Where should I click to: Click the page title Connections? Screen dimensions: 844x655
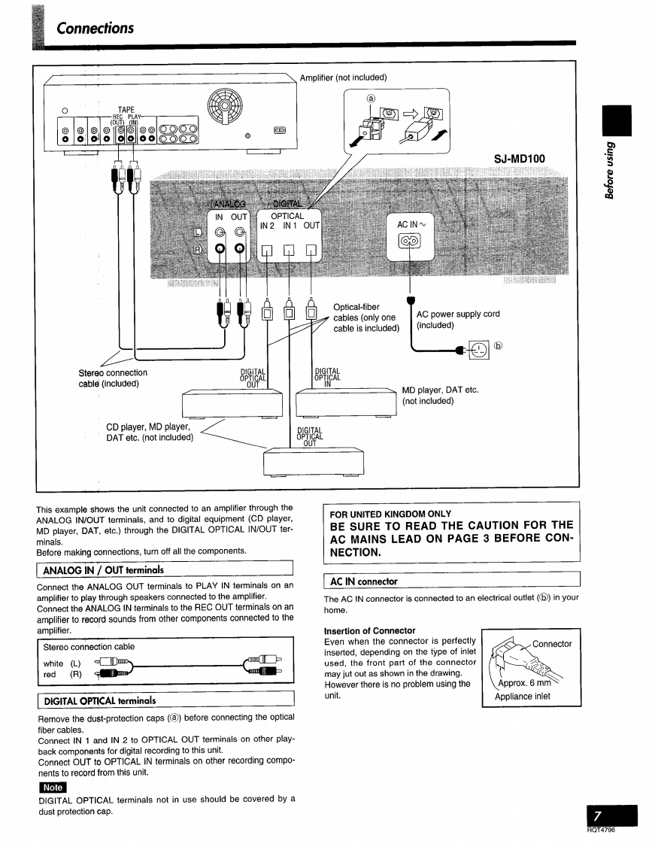pos(96,28)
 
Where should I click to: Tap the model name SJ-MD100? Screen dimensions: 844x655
pos(520,158)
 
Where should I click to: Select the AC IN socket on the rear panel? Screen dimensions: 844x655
pos(411,242)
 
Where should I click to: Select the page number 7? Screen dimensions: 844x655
pos(597,816)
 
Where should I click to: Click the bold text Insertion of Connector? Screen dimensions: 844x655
pos(369,630)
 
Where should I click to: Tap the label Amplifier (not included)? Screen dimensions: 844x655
pos(343,77)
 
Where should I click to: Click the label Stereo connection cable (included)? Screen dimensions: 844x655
pos(113,378)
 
